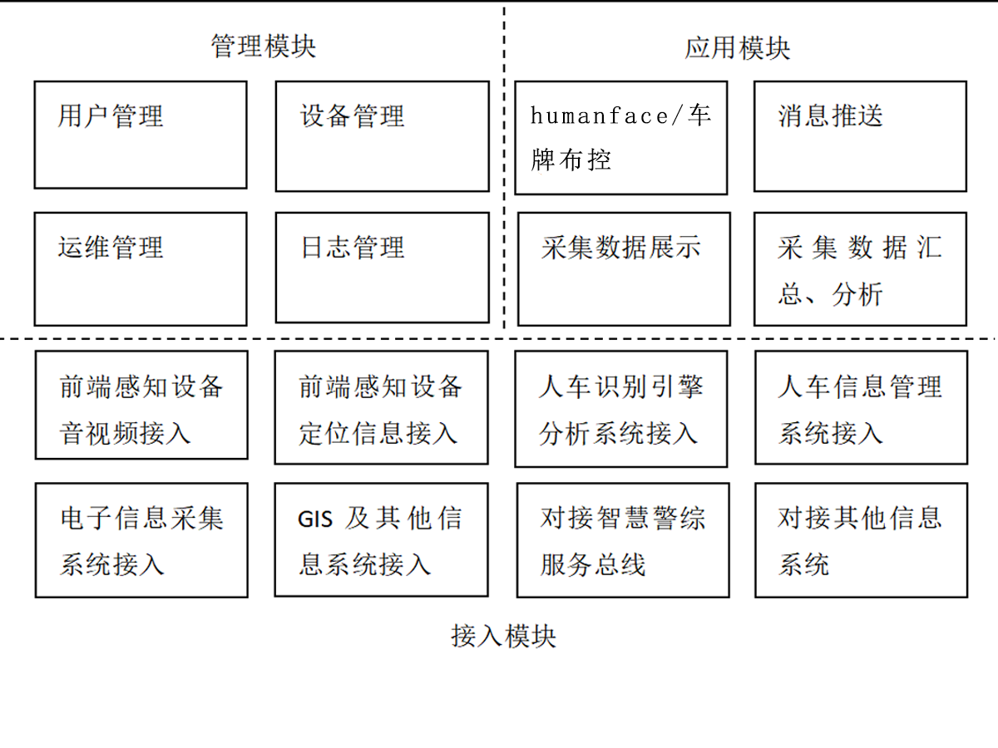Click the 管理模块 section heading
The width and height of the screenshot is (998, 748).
click(263, 46)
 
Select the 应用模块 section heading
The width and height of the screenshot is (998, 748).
click(737, 47)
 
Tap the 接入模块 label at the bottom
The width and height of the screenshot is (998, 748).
click(503, 637)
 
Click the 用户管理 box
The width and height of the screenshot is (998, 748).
click(141, 135)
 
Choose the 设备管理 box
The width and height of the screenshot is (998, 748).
click(382, 136)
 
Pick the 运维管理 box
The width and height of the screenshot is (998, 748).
click(141, 268)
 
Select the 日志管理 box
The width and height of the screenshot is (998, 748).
click(382, 267)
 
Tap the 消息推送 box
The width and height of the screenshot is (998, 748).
click(860, 136)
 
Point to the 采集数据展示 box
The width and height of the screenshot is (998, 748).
click(624, 268)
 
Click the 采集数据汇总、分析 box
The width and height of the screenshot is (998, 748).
click(860, 268)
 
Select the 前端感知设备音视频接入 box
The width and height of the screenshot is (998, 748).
click(141, 405)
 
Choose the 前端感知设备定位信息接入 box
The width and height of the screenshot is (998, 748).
click(381, 406)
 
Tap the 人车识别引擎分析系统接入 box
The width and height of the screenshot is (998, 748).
click(620, 408)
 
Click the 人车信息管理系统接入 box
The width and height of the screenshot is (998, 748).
click(861, 406)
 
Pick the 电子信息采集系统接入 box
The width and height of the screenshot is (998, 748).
click(141, 539)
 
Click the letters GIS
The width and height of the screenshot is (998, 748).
click(315, 520)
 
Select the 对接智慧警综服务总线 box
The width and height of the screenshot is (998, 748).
click(623, 540)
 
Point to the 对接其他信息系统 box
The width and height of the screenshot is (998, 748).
click(861, 540)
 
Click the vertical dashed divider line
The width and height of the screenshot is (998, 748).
click(504, 166)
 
